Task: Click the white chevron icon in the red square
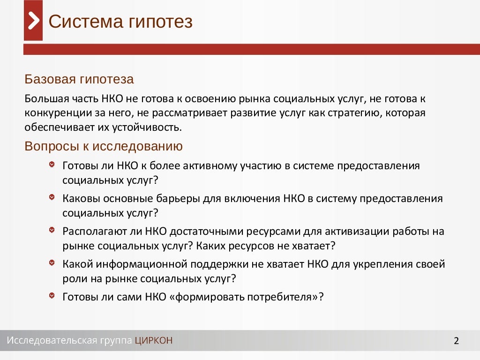coord(33,21)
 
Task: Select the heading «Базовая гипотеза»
coord(79,79)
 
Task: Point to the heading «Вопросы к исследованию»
coord(104,146)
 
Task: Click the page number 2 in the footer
coord(456,341)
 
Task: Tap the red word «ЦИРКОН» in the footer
coord(153,340)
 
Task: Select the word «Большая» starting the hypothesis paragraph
coord(43,99)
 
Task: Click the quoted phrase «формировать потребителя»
coord(247,297)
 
